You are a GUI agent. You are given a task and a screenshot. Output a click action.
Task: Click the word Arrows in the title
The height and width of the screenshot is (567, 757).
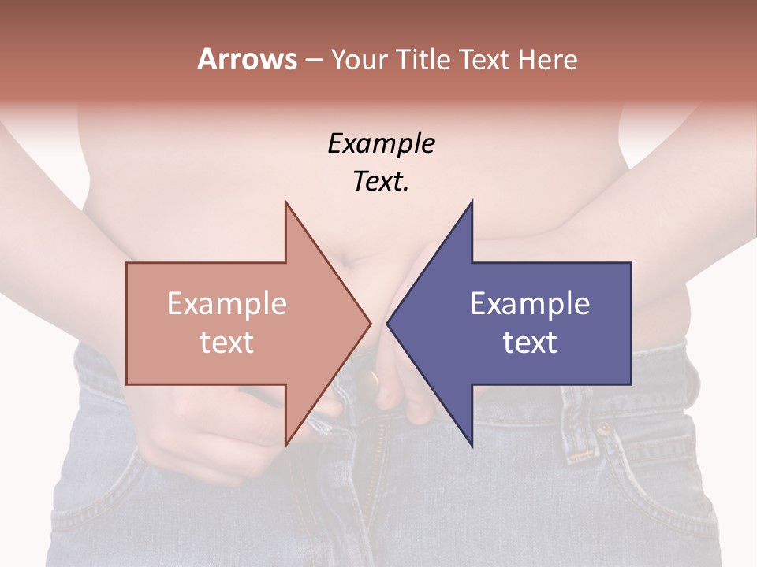click(x=247, y=59)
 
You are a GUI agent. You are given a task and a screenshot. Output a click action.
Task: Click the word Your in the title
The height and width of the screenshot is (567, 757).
click(x=356, y=59)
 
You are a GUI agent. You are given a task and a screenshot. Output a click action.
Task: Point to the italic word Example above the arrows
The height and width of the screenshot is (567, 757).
click(x=381, y=143)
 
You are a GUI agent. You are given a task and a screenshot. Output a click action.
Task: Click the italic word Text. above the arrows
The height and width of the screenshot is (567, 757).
click(x=381, y=182)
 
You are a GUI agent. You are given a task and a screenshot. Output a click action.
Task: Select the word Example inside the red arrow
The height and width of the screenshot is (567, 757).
click(x=226, y=303)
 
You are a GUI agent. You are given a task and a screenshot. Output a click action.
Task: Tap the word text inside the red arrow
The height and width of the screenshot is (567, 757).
click(x=226, y=343)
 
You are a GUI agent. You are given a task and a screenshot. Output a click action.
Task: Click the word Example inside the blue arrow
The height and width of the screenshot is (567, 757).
click(x=530, y=303)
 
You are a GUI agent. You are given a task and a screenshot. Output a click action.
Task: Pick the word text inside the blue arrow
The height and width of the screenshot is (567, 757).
click(x=530, y=343)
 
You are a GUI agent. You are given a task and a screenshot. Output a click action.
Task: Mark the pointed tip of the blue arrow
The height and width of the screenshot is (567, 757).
click(x=387, y=323)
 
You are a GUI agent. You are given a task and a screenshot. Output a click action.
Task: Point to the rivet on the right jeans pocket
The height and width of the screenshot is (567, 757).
click(x=603, y=430)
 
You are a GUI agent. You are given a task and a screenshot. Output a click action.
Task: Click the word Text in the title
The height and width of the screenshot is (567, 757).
click(x=488, y=59)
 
